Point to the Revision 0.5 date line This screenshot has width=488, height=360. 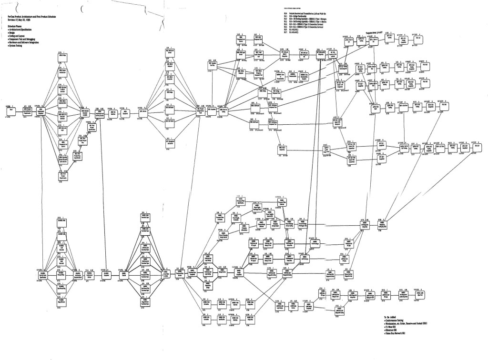click(20, 32)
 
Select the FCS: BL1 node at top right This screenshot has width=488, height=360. click(418, 39)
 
